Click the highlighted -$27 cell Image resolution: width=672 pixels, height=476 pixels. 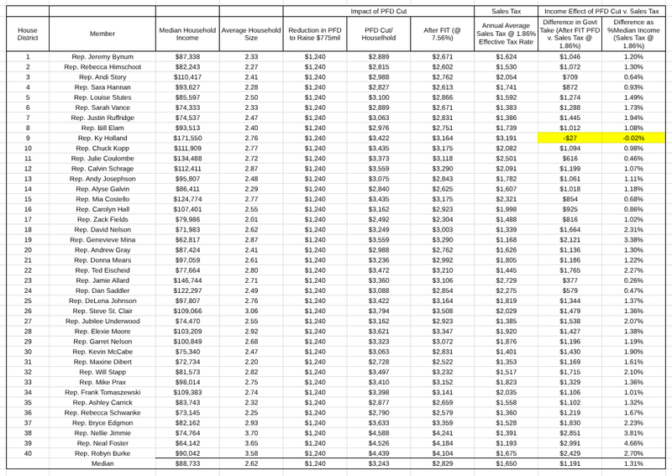[570, 137]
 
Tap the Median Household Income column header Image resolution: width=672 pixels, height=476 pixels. [187, 34]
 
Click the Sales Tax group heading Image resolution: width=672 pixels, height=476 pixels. [506, 11]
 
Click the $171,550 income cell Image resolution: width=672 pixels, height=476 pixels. [187, 137]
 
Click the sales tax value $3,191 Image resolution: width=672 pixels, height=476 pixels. [506, 137]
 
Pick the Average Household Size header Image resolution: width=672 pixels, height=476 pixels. [251, 34]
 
